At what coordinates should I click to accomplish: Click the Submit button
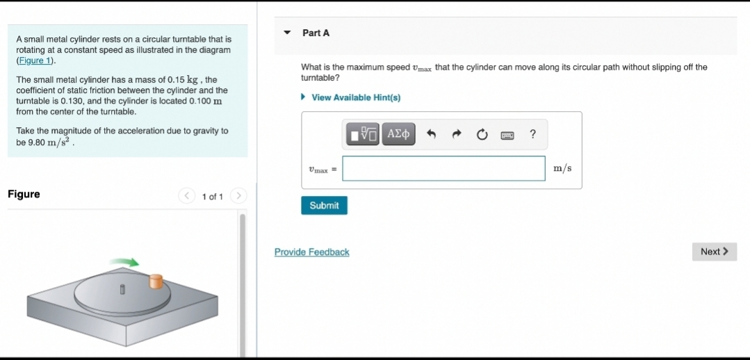tap(324, 206)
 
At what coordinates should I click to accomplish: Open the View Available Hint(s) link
tap(355, 97)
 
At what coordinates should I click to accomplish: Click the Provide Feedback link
tap(311, 252)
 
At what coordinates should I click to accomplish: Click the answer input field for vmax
tap(443, 168)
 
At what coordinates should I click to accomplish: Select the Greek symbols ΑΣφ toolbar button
tap(399, 134)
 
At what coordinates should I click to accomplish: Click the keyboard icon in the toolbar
tap(507, 135)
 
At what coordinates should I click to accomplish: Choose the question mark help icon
tap(532, 134)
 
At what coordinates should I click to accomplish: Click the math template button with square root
tap(363, 134)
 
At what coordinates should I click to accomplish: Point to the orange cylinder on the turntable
tap(156, 281)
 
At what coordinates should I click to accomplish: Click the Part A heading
tap(316, 33)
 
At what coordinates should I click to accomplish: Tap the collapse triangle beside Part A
tap(288, 33)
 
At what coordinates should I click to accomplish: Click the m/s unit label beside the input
tap(562, 168)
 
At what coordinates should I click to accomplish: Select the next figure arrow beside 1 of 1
tap(238, 197)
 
